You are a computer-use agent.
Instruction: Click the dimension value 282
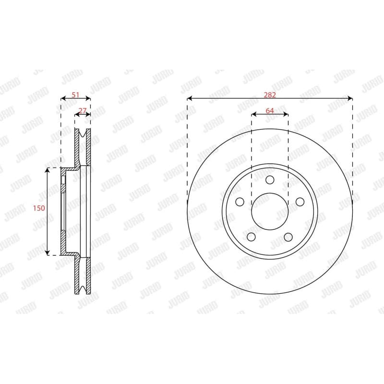(x=270, y=95)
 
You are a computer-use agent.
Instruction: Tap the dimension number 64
(x=270, y=111)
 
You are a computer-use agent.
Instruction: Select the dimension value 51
(x=75, y=95)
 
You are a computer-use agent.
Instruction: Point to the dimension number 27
(x=83, y=111)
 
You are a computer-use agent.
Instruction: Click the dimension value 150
(x=39, y=208)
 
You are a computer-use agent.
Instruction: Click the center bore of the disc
(x=270, y=211)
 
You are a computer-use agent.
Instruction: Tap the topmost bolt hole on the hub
(x=270, y=180)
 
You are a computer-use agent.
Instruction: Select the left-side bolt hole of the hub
(x=240, y=202)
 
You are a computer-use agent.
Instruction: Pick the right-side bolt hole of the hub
(x=300, y=202)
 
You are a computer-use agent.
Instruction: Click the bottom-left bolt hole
(x=251, y=237)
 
